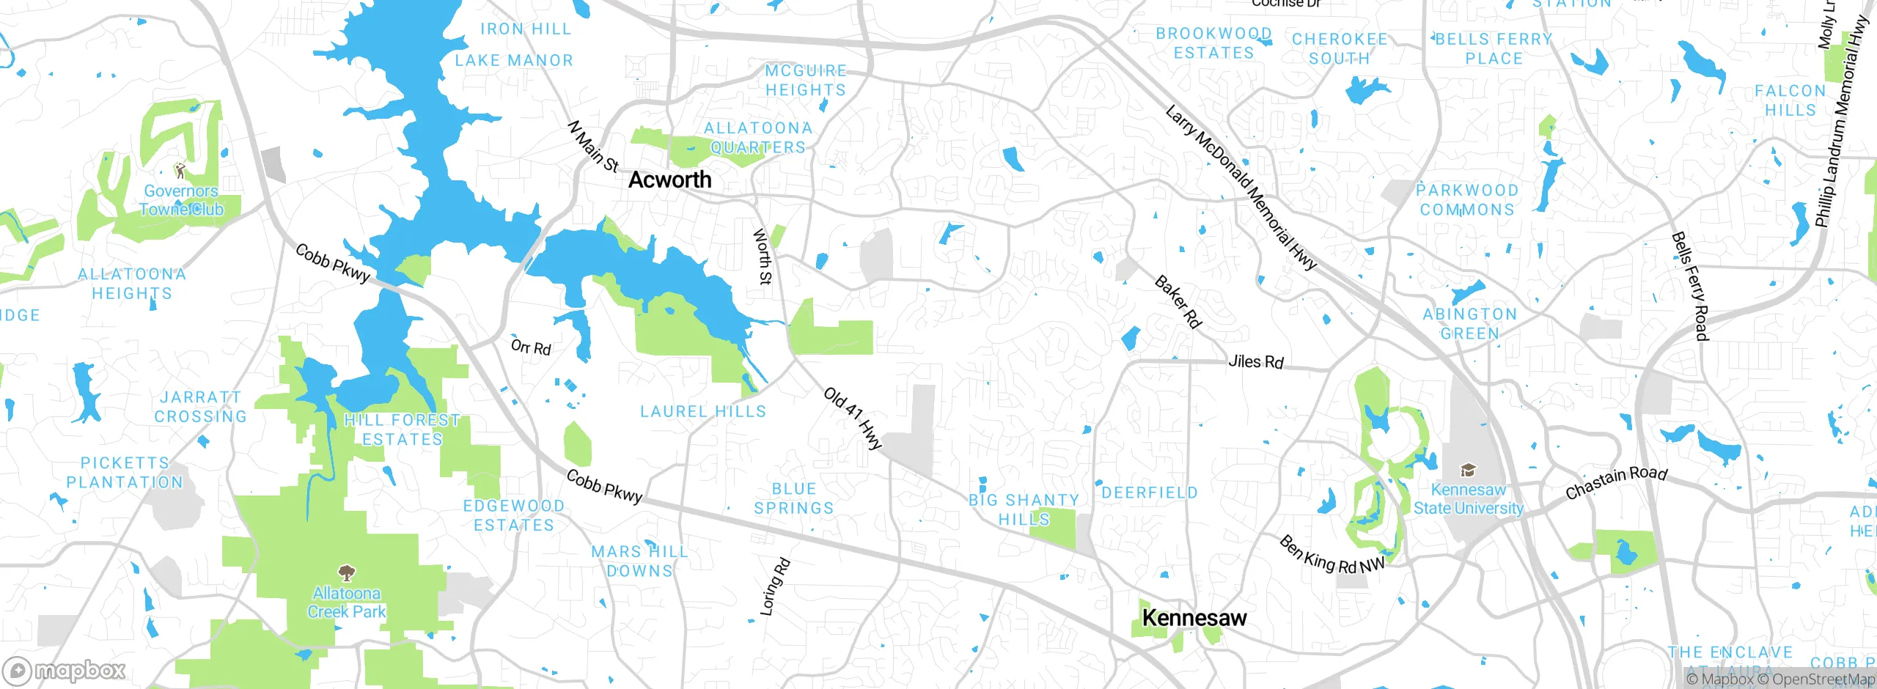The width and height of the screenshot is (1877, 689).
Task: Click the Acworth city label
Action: (669, 180)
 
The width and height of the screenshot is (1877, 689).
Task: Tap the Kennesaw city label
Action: (1194, 618)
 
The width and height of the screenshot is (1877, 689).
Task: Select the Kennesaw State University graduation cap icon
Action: (1468, 470)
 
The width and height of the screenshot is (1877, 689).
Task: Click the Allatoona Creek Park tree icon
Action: (346, 572)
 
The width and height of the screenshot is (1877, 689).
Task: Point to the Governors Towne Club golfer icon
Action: (180, 172)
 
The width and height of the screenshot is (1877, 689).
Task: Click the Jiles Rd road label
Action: (1255, 361)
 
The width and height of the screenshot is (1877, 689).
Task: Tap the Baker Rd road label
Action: (1178, 302)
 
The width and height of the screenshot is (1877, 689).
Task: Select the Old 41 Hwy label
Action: (853, 418)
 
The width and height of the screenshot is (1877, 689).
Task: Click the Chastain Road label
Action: (1616, 483)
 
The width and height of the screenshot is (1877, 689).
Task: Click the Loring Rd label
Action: (774, 586)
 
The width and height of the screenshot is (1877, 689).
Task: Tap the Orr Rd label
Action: (530, 347)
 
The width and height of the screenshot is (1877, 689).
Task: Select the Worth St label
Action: (763, 257)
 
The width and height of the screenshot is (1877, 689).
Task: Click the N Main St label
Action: (592, 147)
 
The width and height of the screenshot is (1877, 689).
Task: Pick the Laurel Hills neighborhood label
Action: (702, 411)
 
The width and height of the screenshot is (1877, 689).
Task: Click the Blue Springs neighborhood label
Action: (793, 498)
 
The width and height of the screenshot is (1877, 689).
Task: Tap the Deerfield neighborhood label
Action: (1149, 493)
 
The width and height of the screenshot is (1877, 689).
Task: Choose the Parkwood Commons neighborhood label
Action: (1466, 200)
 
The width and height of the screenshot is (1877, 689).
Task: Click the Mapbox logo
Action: (65, 671)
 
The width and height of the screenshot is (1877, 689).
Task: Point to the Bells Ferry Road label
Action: (1689, 286)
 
